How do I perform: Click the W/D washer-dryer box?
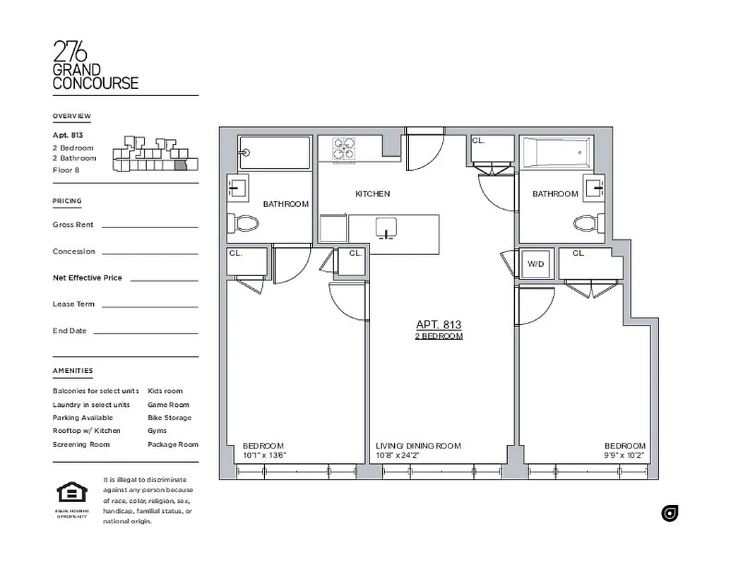pyautogui.click(x=535, y=265)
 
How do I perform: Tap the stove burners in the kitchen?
pyautogui.click(x=345, y=149)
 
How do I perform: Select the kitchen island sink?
pyautogui.click(x=385, y=227)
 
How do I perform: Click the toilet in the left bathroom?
pyautogui.click(x=244, y=223)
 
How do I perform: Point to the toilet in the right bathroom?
pyautogui.click(x=586, y=223)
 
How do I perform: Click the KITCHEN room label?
pyautogui.click(x=372, y=194)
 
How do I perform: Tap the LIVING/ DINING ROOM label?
pyautogui.click(x=418, y=446)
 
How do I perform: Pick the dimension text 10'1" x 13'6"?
pyautogui.click(x=264, y=456)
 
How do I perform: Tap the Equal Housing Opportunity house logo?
pyautogui.click(x=71, y=492)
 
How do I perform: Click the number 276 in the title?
pyautogui.click(x=71, y=52)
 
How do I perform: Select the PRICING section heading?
pyautogui.click(x=67, y=201)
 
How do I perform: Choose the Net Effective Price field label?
pyautogui.click(x=88, y=278)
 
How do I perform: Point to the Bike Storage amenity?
pyautogui.click(x=170, y=418)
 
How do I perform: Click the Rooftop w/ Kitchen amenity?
pyautogui.click(x=87, y=431)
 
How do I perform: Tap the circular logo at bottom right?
pyautogui.click(x=670, y=513)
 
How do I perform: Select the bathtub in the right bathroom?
pyautogui.click(x=554, y=153)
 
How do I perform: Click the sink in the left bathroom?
pyautogui.click(x=236, y=188)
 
